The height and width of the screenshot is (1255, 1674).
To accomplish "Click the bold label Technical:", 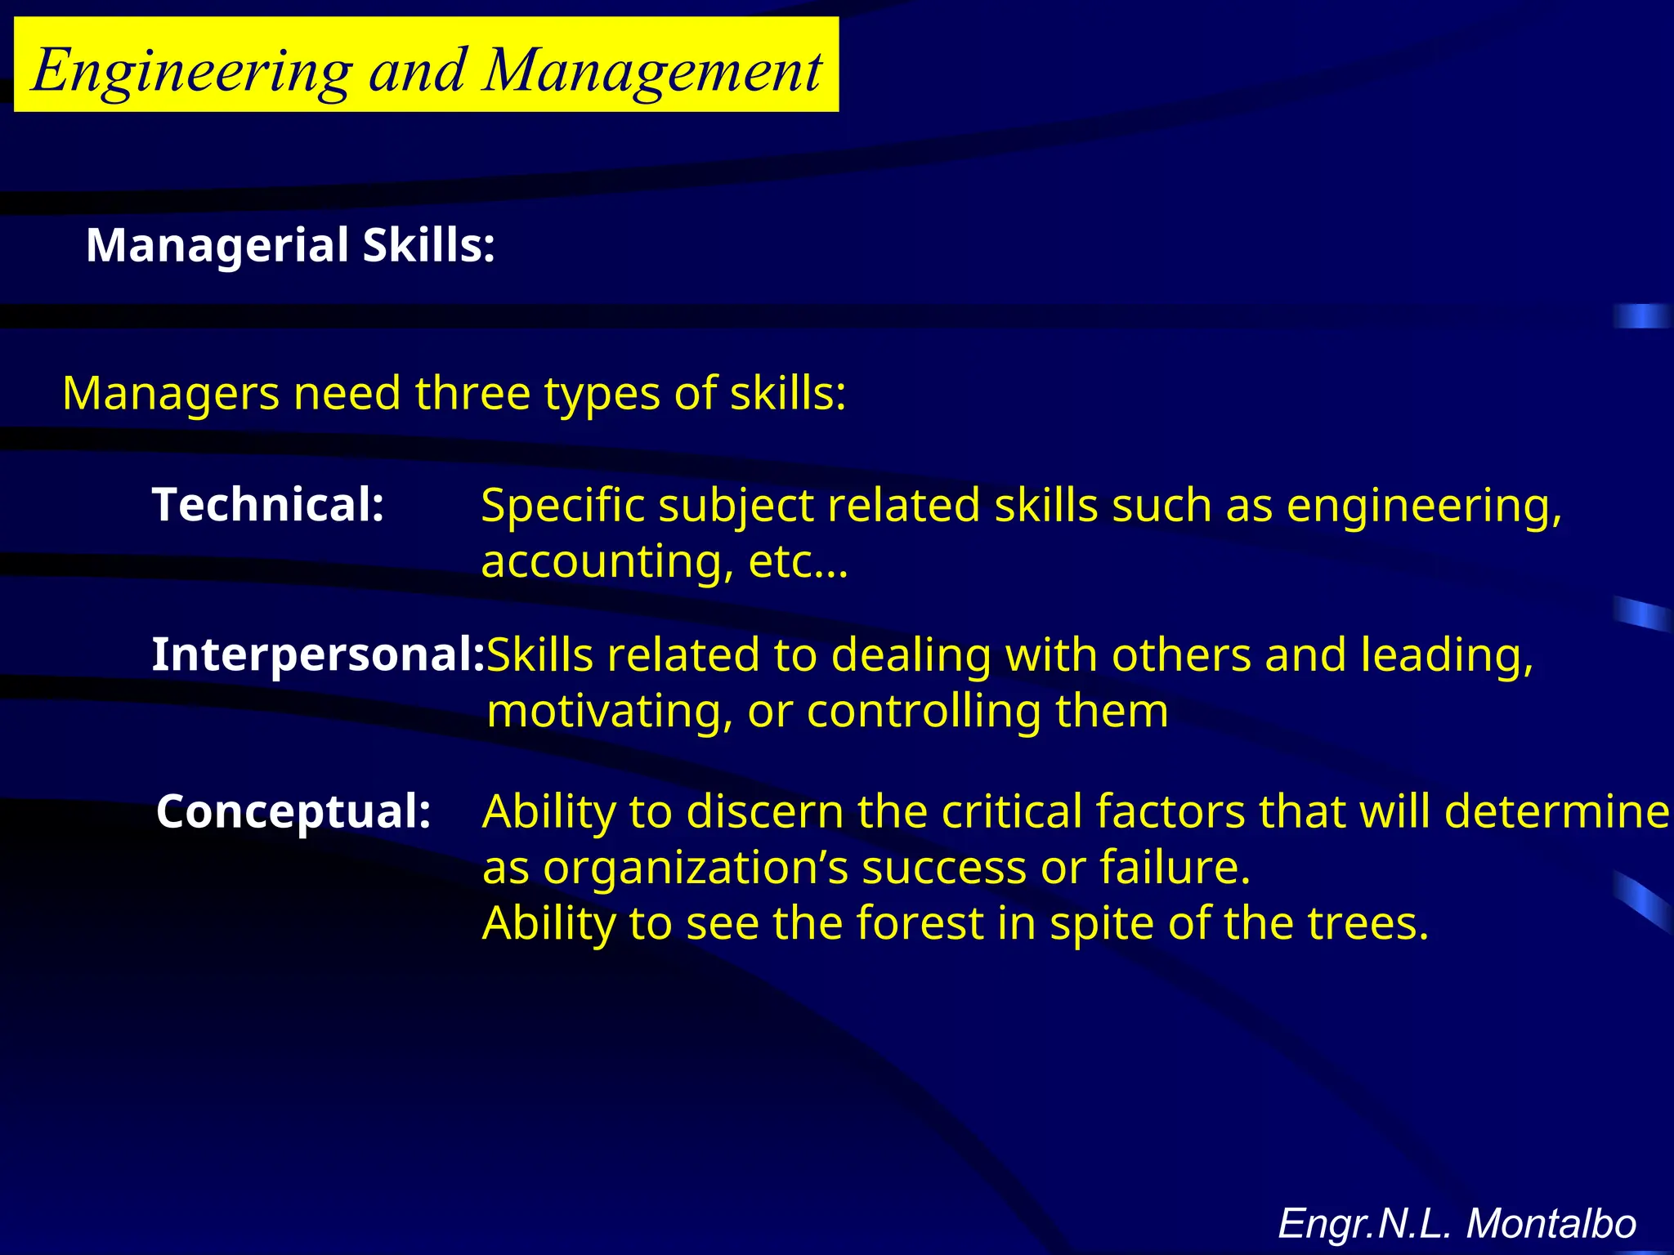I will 268,504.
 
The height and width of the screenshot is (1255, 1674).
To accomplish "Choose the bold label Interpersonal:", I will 318,654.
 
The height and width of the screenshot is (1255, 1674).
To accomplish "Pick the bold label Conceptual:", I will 293,811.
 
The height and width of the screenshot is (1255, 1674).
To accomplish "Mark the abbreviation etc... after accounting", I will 798,562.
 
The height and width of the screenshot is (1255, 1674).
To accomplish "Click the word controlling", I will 924,711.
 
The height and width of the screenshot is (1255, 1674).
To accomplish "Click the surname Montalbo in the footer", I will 1551,1224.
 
